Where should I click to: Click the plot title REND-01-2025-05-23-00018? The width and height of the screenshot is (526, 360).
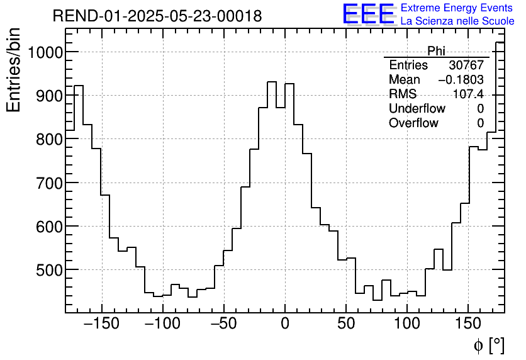pos(157,16)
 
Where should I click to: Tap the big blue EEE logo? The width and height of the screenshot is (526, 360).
pos(368,14)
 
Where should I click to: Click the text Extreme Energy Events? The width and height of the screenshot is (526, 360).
pos(457,8)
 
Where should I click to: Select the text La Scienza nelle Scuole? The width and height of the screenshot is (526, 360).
pos(457,21)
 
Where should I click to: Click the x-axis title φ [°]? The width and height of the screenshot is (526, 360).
pos(488,346)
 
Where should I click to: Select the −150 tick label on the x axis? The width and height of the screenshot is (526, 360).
pos(101,324)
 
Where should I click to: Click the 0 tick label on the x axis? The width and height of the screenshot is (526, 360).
pos(285,324)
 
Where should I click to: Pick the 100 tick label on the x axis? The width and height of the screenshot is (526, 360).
pos(407,324)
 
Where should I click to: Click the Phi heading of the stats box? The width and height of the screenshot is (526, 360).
pos(436,51)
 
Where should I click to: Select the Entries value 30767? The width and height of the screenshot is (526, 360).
pos(466,65)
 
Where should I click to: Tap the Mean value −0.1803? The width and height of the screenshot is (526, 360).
pos(461,80)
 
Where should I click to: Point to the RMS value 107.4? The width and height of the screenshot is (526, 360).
pos(469,94)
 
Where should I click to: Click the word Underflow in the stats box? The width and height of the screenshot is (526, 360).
pos(417,109)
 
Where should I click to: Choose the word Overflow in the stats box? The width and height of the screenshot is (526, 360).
pos(413,123)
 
